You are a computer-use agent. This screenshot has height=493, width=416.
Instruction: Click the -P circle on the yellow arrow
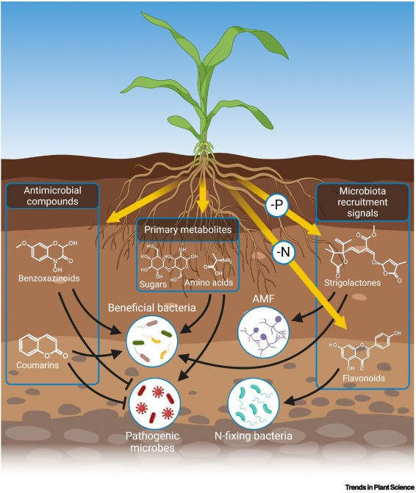coord(276,205)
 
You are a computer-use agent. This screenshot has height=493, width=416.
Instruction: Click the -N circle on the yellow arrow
coord(284,251)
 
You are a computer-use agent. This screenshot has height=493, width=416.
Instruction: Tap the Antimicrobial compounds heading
coord(52,196)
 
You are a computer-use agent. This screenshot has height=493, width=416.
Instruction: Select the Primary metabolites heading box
coord(187,229)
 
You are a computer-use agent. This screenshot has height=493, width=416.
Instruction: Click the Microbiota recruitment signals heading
coord(362,202)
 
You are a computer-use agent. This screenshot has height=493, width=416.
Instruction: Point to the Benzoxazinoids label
coord(49,278)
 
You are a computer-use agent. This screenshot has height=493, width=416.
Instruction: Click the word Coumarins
coord(37,365)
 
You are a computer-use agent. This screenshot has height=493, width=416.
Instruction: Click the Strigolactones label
coord(353,283)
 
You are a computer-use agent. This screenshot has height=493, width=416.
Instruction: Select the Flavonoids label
coord(364,378)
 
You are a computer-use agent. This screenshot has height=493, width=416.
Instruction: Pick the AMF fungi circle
coord(264,332)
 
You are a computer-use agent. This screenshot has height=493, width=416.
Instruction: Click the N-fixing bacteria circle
coord(254,403)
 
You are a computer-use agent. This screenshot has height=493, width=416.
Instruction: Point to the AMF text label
coord(264,299)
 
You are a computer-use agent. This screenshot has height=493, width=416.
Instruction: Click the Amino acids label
coord(209,282)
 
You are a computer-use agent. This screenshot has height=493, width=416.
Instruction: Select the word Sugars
coord(153,284)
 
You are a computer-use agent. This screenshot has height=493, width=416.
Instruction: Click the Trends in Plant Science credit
coord(379,487)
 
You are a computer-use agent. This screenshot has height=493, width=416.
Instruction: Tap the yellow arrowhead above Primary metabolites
coord(202,207)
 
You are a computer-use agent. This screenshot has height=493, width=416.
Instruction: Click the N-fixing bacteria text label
coord(254,436)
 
